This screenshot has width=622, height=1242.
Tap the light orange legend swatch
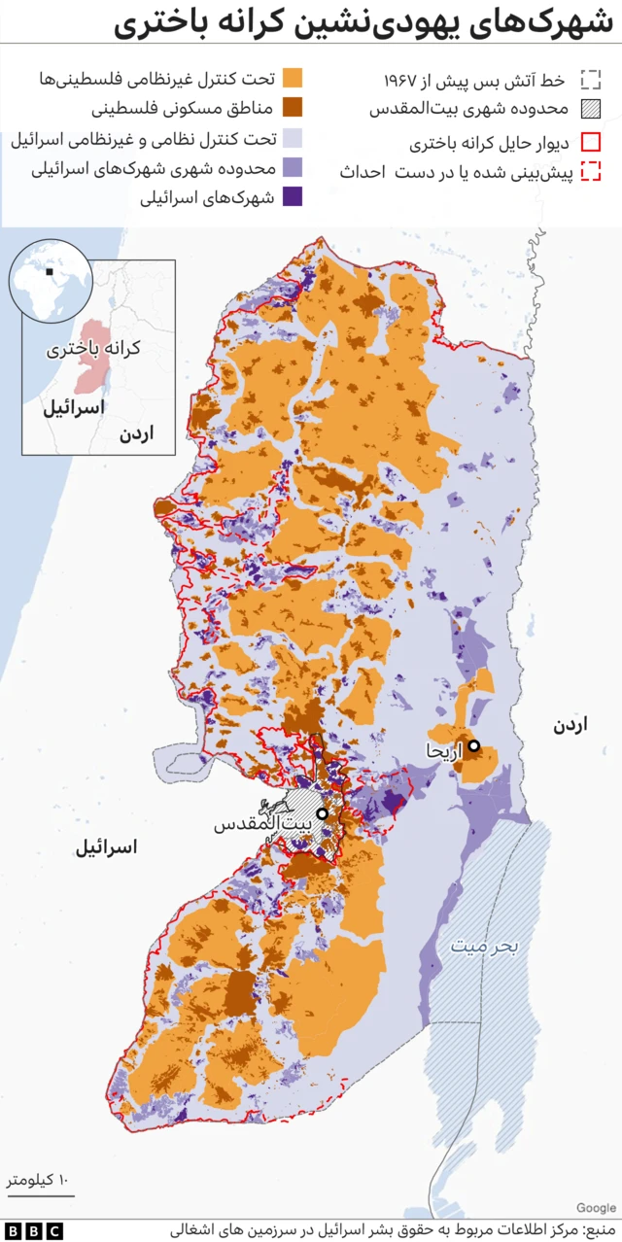click(x=291, y=79)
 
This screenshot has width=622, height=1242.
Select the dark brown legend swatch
click(x=291, y=109)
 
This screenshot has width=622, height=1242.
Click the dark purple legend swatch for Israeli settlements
click(x=291, y=197)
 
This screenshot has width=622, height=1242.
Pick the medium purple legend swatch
click(x=291, y=168)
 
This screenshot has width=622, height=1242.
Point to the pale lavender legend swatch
click(x=291, y=139)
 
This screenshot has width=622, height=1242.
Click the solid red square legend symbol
click(x=590, y=142)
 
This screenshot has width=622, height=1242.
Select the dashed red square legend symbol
click(x=590, y=172)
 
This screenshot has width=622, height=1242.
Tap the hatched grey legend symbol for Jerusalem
click(x=590, y=110)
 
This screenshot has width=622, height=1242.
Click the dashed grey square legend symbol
click(x=590, y=80)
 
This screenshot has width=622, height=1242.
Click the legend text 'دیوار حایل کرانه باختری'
click(x=491, y=144)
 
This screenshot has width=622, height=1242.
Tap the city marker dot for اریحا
click(x=473, y=746)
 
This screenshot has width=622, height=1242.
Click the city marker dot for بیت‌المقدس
click(x=322, y=813)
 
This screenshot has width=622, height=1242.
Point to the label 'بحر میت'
click(x=484, y=944)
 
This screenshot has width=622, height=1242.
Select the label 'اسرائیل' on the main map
click(x=107, y=847)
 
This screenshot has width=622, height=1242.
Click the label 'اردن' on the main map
click(x=571, y=725)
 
